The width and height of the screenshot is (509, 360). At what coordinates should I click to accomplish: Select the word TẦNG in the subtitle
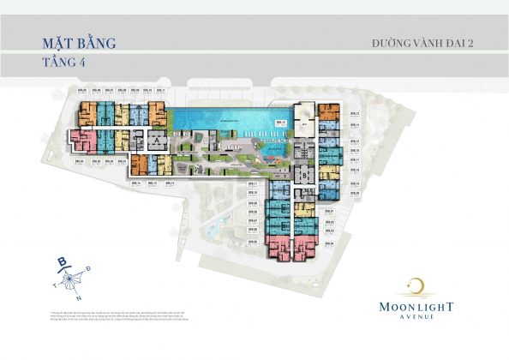54,63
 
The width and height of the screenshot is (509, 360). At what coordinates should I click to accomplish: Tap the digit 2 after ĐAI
472,42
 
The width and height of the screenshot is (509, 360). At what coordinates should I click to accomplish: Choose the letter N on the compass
78,299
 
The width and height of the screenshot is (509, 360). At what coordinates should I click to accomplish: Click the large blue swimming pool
225,121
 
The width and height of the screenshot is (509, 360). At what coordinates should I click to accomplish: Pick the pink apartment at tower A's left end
85,140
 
